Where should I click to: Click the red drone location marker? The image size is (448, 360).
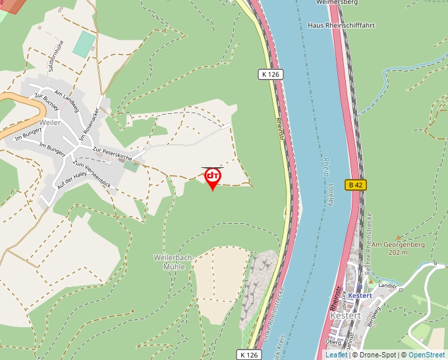(212, 178)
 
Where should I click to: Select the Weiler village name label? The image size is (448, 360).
(50, 123)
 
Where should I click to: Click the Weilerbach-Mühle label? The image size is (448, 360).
(173, 262)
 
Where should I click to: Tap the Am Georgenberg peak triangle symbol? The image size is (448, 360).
(398, 237)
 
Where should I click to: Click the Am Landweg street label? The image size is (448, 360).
(67, 100)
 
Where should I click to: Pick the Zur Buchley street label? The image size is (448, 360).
(47, 101)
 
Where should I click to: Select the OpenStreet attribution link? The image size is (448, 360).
(427, 355)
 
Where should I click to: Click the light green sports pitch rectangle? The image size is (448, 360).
(83, 43)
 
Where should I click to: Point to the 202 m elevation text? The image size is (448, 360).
(397, 252)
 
